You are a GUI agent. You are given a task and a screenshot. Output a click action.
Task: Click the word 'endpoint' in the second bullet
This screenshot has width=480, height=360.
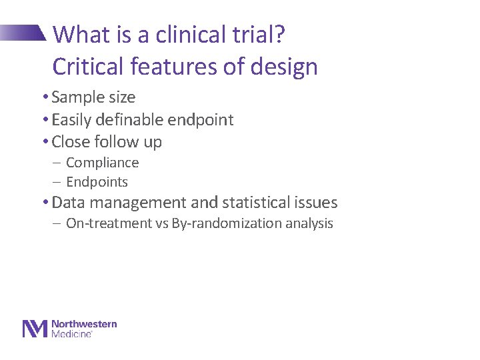[x=201, y=120]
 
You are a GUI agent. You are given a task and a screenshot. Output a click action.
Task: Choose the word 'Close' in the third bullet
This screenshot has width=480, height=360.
[x=70, y=142]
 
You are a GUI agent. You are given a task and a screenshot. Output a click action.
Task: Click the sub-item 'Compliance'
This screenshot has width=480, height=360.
[x=102, y=163]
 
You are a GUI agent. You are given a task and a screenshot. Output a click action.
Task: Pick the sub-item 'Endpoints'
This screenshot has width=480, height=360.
[x=97, y=182]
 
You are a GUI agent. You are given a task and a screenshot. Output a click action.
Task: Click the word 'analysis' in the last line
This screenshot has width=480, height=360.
[x=309, y=223]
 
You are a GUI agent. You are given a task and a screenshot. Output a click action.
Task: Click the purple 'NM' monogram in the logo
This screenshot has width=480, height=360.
[x=35, y=329]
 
